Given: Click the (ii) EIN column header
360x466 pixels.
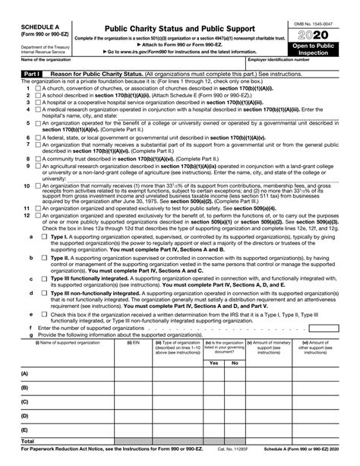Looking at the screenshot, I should (x=133, y=343).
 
